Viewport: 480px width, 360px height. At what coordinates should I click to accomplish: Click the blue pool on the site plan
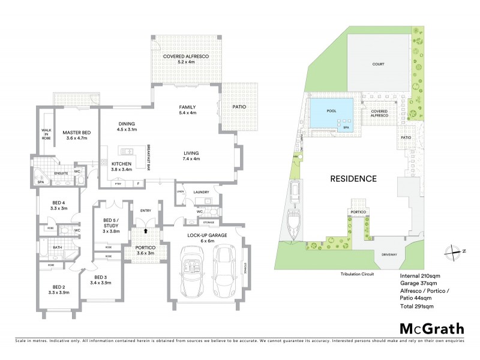pyautogui.click(x=331, y=114)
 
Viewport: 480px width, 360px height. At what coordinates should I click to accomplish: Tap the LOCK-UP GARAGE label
pyautogui.click(x=206, y=235)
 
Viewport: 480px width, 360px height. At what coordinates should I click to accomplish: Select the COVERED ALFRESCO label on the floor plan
pyautogui.click(x=183, y=59)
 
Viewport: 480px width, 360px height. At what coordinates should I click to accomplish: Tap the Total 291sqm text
pyautogui.click(x=416, y=306)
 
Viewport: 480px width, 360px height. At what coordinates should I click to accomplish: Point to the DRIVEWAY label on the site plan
pyautogui.click(x=389, y=254)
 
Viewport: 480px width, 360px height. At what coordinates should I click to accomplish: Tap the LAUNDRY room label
pyautogui.click(x=201, y=192)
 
